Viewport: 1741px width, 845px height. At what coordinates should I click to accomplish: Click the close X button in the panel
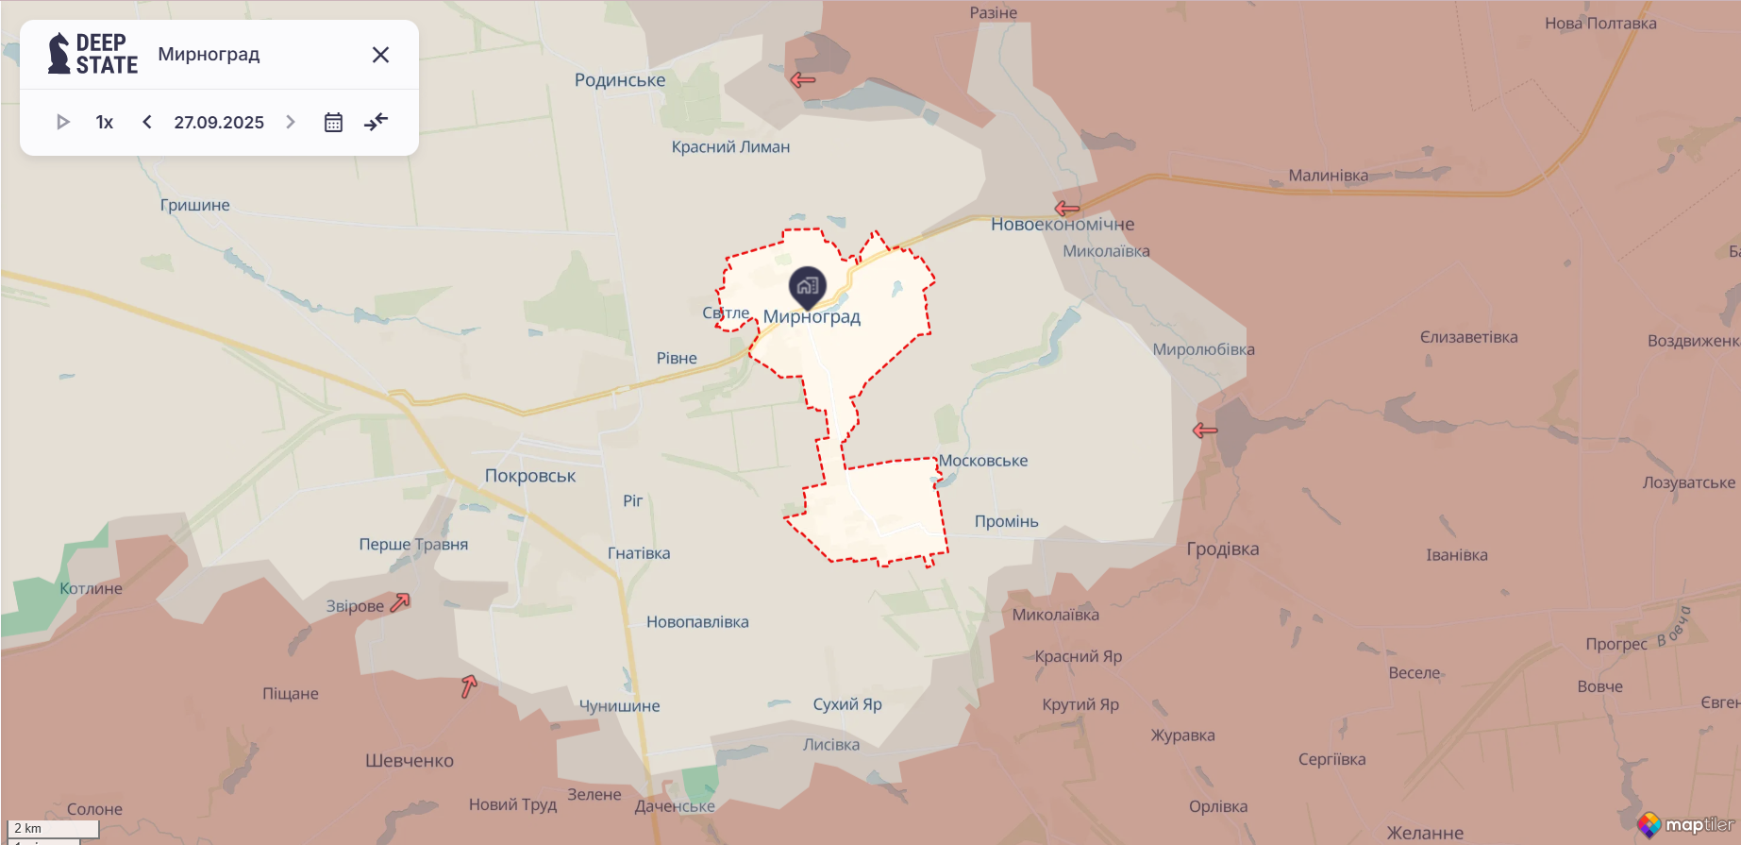(380, 55)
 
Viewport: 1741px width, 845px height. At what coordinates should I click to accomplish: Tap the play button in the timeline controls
(63, 122)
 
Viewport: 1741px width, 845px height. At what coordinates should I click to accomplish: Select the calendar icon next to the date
(333, 122)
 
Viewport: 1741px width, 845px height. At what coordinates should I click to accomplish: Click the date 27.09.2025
(219, 122)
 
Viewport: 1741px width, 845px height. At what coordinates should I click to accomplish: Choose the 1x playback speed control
(105, 122)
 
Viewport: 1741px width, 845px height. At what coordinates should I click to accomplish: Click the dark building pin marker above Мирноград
(807, 286)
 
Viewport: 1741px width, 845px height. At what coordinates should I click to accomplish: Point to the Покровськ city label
(529, 476)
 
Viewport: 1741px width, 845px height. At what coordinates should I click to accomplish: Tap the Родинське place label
(620, 80)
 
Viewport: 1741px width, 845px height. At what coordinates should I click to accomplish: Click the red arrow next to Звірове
(400, 602)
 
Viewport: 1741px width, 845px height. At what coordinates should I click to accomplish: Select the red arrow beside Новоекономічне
(1067, 208)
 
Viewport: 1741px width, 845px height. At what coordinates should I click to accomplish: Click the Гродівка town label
(1222, 549)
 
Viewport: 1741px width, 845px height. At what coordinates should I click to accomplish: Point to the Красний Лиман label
(730, 146)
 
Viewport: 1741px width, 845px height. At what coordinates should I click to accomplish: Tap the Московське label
(983, 461)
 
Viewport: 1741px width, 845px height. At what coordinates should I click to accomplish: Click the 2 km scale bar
(53, 829)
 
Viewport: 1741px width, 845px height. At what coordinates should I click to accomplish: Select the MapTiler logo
(1685, 824)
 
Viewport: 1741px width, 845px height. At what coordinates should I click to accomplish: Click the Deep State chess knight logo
(59, 53)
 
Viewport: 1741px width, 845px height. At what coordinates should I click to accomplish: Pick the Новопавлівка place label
(697, 621)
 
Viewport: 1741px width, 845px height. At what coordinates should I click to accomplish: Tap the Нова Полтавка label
(1600, 23)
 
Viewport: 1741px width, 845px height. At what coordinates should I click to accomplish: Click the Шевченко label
(410, 760)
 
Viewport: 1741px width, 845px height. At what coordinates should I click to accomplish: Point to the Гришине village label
(194, 205)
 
